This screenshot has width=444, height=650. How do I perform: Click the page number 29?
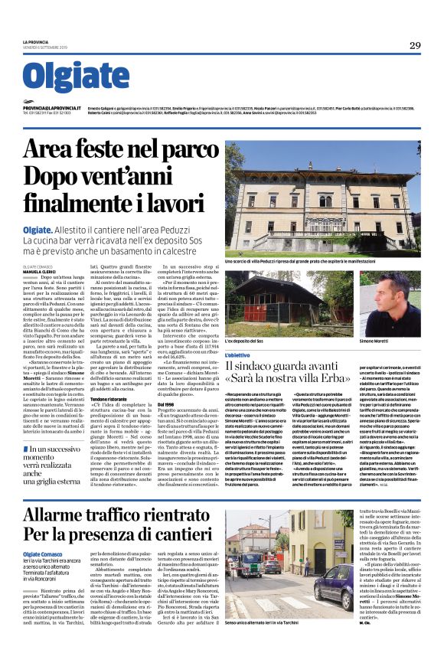click(x=414, y=44)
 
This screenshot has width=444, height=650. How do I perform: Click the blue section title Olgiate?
click(x=72, y=77)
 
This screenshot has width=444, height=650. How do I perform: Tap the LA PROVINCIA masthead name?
click(x=35, y=41)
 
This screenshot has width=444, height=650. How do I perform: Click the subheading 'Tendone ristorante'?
click(x=109, y=399)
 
